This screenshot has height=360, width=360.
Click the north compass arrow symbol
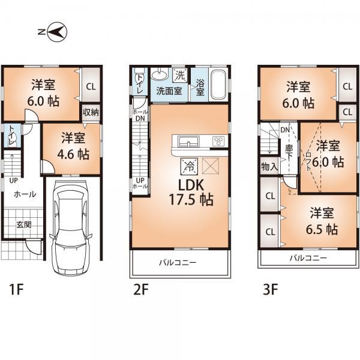coord(56,32)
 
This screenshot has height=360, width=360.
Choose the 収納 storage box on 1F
coord(91,112)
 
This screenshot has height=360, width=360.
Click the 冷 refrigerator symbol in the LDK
coord(187,163)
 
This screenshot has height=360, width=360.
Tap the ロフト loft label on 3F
coord(309,160)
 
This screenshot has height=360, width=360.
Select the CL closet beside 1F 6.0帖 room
coord(90,86)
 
